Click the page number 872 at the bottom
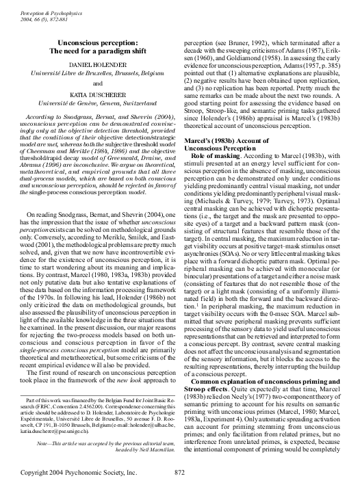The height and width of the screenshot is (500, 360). [x=180, y=491]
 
